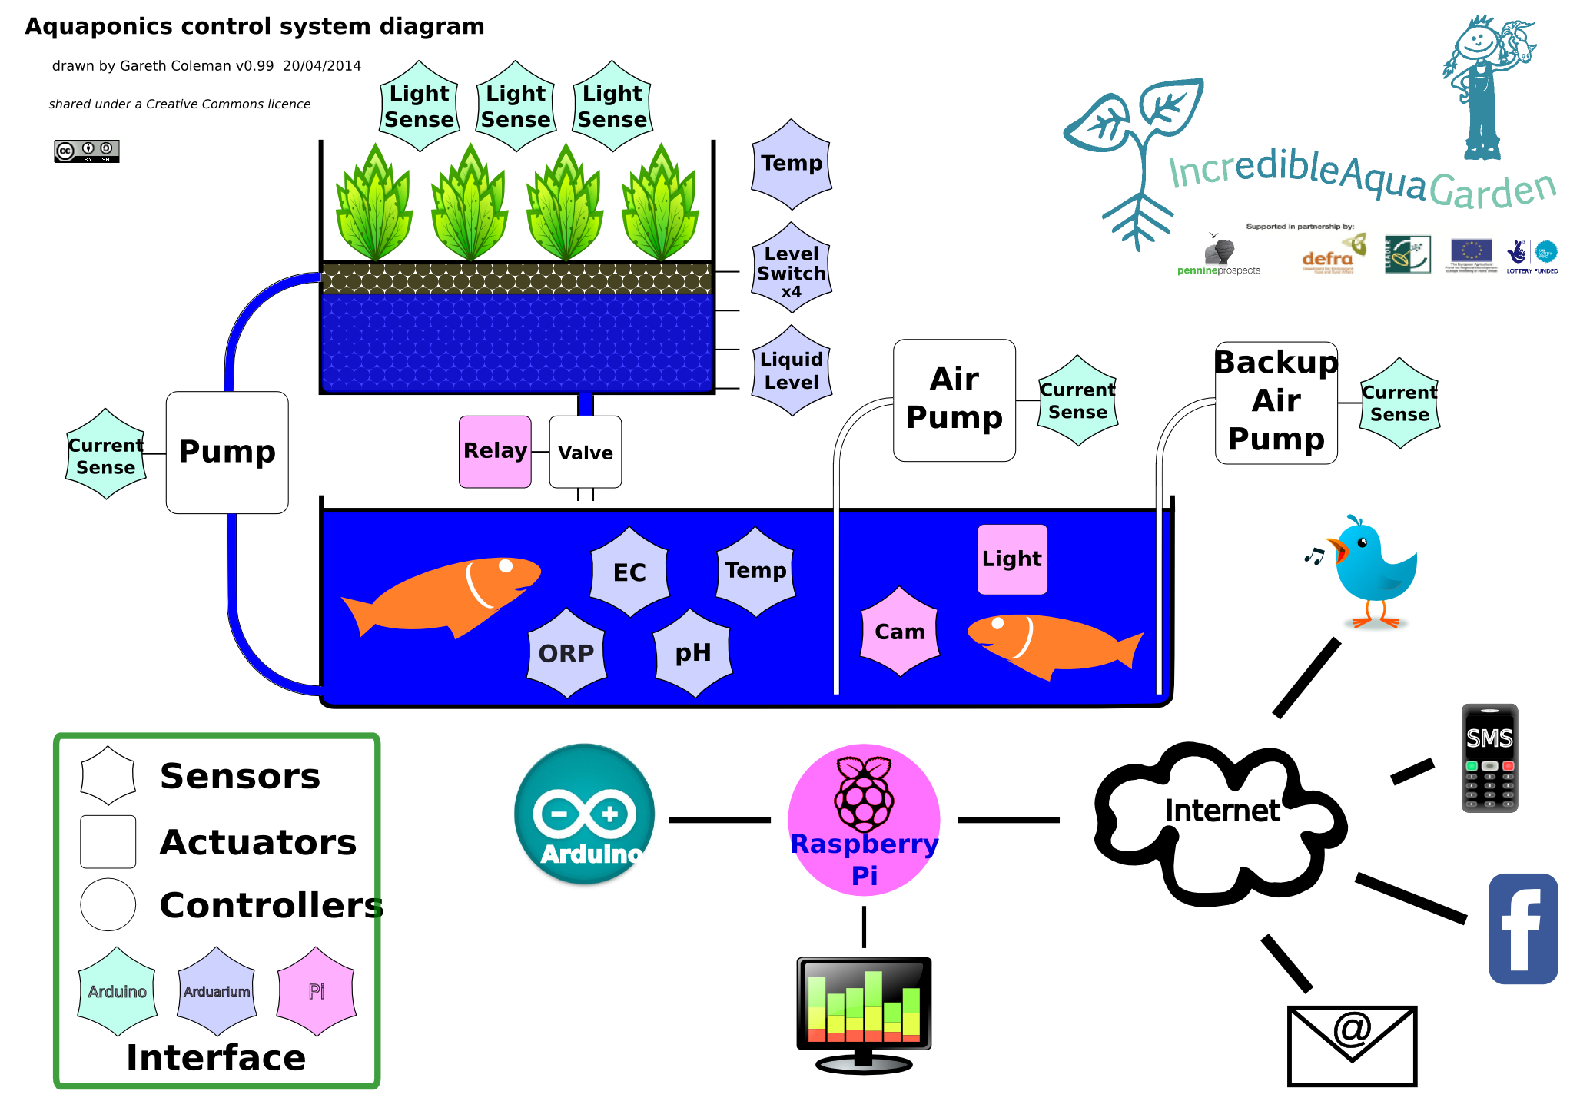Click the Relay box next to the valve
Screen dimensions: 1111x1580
[495, 452]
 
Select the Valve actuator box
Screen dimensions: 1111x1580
[586, 452]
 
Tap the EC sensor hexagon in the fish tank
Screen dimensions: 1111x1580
[629, 572]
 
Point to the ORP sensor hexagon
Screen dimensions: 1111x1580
[566, 653]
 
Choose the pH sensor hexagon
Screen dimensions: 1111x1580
[692, 653]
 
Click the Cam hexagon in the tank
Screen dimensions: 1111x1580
[900, 632]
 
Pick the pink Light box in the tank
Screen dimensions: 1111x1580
[1012, 559]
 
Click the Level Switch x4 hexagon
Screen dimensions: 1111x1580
[792, 269]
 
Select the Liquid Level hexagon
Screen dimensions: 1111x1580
[792, 371]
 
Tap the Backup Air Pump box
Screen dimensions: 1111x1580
[1276, 403]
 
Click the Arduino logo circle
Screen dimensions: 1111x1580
[585, 814]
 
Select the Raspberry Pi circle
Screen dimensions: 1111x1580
[865, 820]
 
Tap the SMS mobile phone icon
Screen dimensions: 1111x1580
[1489, 758]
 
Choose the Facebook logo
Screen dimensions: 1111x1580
[1523, 929]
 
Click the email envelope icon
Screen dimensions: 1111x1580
[1352, 1045]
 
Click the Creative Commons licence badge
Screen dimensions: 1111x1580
[87, 151]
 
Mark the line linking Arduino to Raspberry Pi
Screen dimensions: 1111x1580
[720, 820]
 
